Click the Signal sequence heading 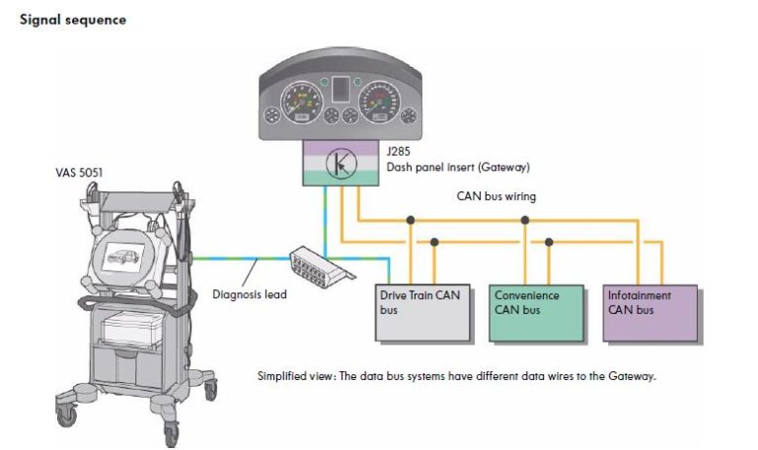(73, 20)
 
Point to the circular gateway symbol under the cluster (339, 163)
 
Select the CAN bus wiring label (496, 196)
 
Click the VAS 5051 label (80, 174)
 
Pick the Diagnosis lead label (250, 294)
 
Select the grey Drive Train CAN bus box (425, 315)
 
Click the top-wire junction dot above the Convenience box (526, 220)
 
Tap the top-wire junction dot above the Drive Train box (410, 220)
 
